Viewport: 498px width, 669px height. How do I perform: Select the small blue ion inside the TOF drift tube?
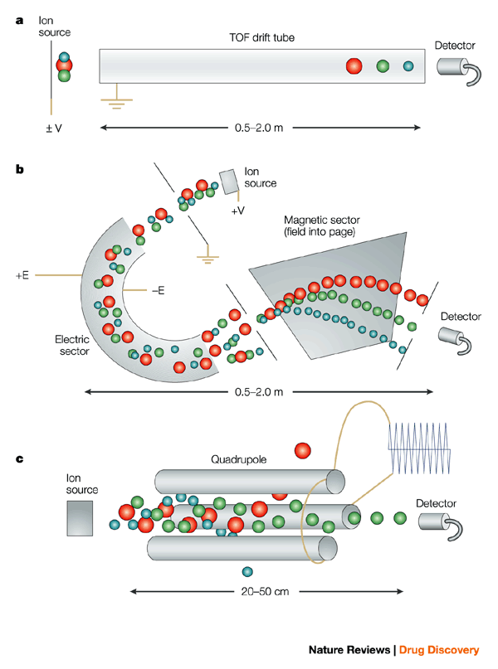tap(408, 66)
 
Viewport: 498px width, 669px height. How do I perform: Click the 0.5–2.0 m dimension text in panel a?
tap(259, 128)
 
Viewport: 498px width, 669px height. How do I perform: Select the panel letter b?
tap(19, 169)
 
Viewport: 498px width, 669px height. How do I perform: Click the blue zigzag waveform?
tap(418, 448)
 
